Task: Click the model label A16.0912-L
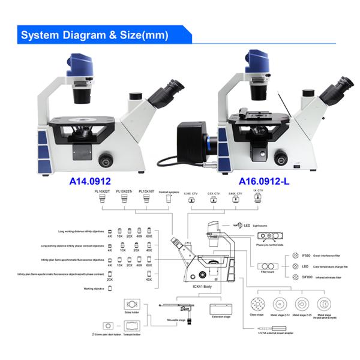269,180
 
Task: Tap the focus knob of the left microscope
106,159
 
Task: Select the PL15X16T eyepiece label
147,190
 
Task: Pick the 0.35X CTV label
190,194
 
